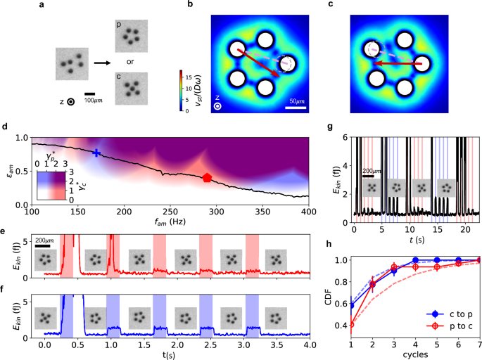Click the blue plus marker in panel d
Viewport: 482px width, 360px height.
[x=97, y=153]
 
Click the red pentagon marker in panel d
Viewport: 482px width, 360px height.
[x=206, y=178]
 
